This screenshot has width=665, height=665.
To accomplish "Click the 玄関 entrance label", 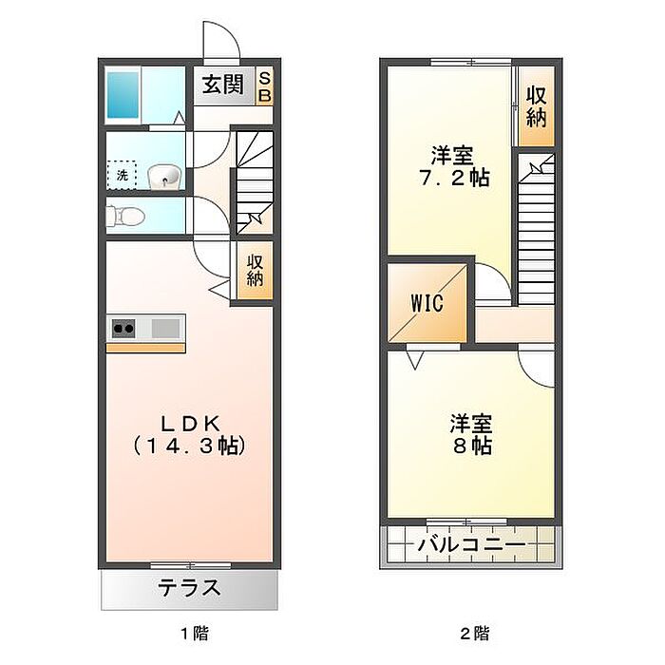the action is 222,85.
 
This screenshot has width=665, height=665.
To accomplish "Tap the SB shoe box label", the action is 265,86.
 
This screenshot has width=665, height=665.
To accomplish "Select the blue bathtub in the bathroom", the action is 123,95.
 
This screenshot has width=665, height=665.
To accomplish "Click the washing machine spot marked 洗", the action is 122,175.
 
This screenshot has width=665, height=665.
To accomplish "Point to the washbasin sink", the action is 164,177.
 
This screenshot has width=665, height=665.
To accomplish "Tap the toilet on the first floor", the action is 125,217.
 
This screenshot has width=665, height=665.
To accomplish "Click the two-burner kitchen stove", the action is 123,328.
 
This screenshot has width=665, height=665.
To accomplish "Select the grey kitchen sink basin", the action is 165,328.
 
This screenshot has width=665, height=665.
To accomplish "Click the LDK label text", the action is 190,424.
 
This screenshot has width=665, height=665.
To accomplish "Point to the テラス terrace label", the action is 189,588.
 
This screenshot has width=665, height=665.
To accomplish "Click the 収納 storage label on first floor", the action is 255,270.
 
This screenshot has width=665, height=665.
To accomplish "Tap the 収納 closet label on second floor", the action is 536,106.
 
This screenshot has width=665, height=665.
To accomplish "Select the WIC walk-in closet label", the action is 427,303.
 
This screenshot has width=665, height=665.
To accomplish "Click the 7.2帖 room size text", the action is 454,178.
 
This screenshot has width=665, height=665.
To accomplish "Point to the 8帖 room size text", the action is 472,446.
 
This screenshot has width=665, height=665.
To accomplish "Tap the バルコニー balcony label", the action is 471,545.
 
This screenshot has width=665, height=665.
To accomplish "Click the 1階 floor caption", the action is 195,634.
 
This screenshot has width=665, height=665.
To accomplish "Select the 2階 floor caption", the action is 475,634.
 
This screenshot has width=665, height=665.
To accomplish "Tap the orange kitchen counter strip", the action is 145,349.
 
